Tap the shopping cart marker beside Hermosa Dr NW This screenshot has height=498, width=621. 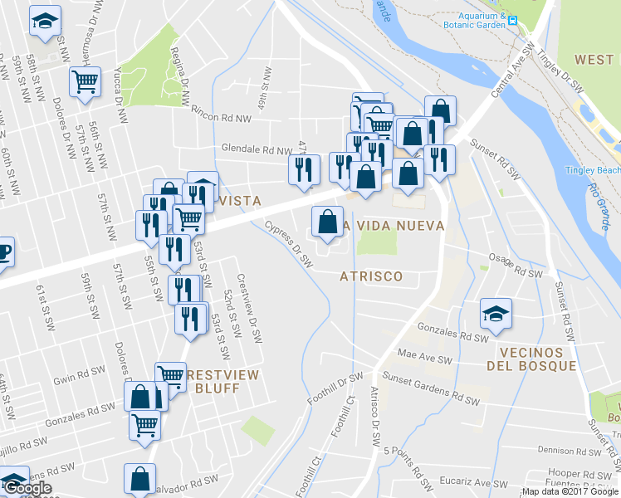(85, 82)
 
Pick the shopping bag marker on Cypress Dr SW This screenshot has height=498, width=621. (328, 222)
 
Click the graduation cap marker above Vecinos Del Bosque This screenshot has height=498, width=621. (496, 314)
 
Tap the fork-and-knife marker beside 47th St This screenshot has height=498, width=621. (303, 169)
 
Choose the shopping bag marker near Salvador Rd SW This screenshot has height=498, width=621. (139, 478)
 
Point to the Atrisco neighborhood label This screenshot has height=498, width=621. (371, 276)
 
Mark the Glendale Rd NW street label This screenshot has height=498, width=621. (257, 150)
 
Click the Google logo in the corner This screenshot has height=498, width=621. (27, 488)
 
